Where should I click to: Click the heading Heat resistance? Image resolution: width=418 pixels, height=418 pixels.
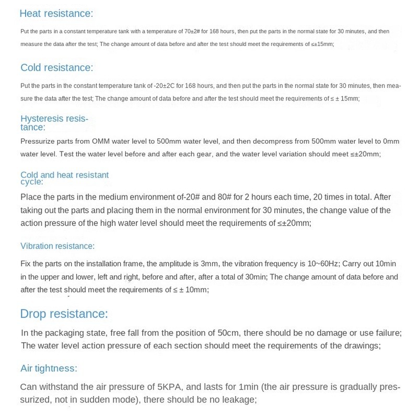(56, 14)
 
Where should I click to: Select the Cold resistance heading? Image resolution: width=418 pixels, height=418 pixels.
(56, 67)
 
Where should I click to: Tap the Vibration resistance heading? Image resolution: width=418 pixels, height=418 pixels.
(57, 246)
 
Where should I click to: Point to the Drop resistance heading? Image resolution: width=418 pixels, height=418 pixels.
(64, 313)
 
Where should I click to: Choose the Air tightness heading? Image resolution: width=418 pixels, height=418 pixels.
(49, 368)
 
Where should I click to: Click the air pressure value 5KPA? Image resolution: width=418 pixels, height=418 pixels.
(170, 387)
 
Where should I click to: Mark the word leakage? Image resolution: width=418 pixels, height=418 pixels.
(238, 400)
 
